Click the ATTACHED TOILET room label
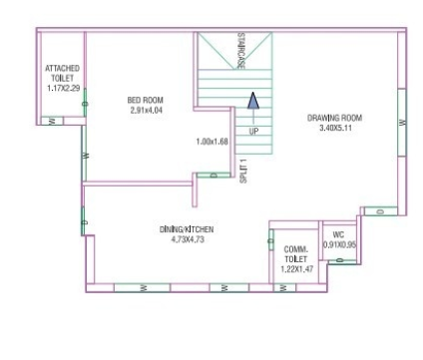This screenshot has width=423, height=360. (62, 72)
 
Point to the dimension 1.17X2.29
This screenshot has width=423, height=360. (62, 88)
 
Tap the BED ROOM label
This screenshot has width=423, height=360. (145, 100)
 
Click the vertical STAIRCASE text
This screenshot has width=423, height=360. (241, 50)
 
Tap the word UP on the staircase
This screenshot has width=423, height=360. (252, 130)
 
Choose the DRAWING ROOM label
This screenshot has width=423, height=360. (334, 118)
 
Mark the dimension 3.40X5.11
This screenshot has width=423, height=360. (334, 128)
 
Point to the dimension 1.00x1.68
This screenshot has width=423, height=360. (212, 141)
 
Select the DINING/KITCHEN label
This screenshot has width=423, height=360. (187, 228)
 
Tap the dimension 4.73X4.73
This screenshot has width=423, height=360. (187, 239)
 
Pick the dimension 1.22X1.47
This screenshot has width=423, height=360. (294, 269)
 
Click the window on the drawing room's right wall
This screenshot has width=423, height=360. (401, 122)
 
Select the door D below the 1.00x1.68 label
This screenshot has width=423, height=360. (213, 176)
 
